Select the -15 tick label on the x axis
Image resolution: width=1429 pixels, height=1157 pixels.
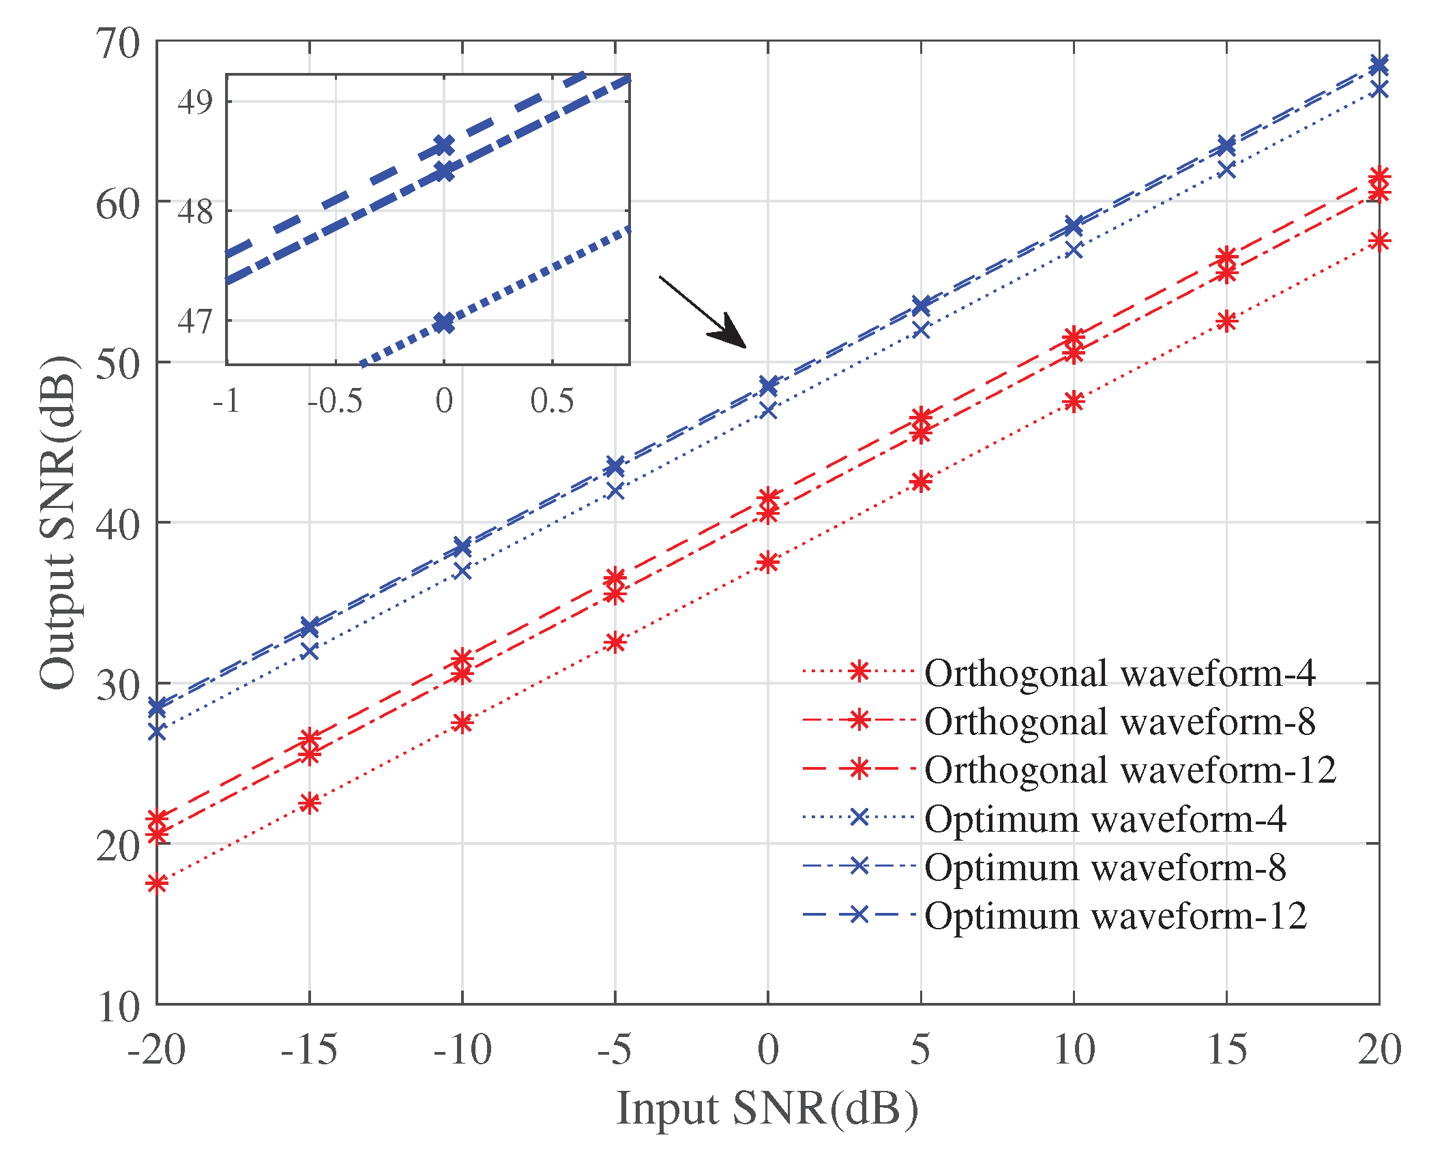tap(308, 1050)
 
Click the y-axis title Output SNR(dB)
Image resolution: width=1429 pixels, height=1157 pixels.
tap(57, 522)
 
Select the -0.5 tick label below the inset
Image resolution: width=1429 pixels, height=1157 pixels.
tap(334, 401)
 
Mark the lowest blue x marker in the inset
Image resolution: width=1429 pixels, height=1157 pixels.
tap(444, 323)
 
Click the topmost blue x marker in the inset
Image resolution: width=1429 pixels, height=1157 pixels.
tap(444, 145)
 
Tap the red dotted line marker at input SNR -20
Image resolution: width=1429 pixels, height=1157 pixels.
tap(157, 884)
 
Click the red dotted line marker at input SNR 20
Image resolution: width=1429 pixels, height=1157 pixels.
tap(1379, 241)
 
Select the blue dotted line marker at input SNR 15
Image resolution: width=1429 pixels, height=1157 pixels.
tap(1226, 170)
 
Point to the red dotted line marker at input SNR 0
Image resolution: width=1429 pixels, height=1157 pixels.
tap(768, 562)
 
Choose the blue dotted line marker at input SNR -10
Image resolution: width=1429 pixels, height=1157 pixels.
tap(462, 571)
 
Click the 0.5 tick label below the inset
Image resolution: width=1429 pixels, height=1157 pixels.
tap(552, 401)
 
